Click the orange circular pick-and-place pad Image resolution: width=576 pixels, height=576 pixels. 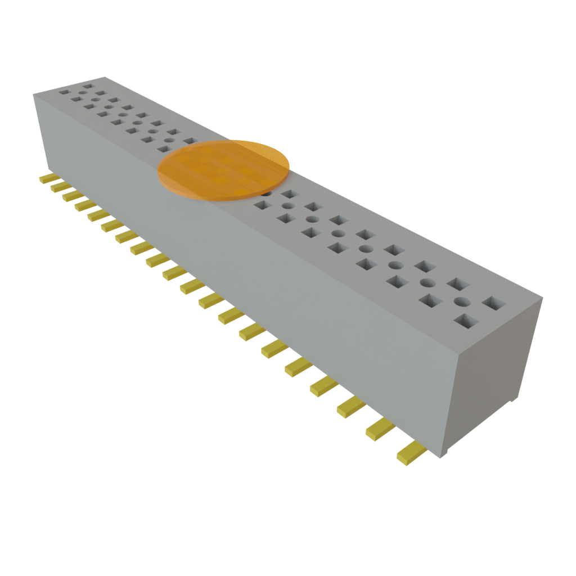223,170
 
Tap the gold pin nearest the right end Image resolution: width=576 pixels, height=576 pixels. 409,452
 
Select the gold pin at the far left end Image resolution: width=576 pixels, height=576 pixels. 45,179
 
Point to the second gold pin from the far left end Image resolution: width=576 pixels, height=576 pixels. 58,187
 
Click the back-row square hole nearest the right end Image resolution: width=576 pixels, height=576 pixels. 494,304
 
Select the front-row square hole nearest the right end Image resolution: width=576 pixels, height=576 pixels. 466,322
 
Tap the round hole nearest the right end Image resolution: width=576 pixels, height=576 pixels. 462,301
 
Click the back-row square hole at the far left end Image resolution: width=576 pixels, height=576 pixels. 87,87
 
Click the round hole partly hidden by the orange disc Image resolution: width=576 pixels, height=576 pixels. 267,193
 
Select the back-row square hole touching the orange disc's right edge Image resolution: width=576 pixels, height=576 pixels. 290,194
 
